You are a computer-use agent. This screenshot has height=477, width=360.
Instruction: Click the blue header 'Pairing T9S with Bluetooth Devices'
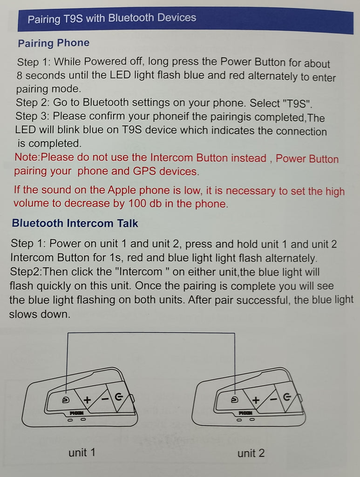click(112, 18)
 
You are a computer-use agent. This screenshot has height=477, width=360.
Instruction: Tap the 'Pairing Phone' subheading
click(54, 43)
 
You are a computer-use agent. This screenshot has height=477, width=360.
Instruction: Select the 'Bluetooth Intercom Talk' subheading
click(75, 223)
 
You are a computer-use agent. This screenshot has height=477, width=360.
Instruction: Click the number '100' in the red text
click(137, 203)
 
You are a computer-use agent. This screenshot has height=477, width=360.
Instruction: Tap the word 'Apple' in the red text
click(122, 191)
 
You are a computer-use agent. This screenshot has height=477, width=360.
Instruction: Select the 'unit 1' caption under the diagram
click(82, 452)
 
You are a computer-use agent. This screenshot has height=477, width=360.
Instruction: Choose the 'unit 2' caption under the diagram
click(251, 453)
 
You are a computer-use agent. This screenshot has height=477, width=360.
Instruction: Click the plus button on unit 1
click(87, 399)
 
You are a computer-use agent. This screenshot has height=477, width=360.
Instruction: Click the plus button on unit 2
click(256, 400)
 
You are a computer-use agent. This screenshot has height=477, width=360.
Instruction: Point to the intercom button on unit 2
click(234, 400)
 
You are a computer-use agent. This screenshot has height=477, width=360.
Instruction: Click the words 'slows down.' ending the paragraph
click(40, 314)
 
